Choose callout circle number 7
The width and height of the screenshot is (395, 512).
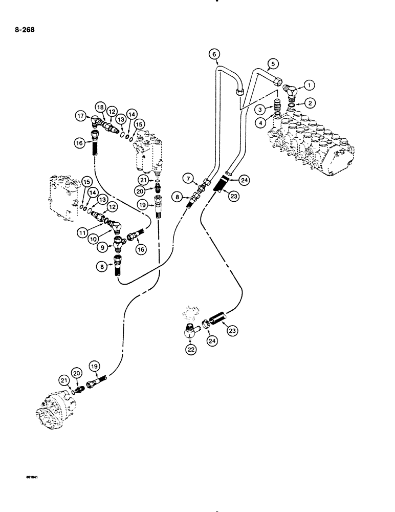190,178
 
